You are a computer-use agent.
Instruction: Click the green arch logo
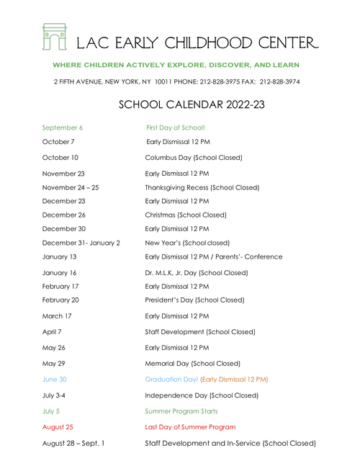click(54, 37)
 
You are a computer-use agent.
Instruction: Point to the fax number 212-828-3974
click(279, 82)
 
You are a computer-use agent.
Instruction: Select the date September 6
click(63, 127)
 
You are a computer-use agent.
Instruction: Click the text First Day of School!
click(175, 127)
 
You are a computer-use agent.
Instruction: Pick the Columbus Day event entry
click(193, 157)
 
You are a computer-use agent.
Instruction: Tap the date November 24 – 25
click(71, 187)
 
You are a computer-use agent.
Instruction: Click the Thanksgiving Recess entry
click(202, 187)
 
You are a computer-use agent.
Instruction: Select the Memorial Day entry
click(192, 364)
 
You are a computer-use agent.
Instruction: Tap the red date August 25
click(58, 427)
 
